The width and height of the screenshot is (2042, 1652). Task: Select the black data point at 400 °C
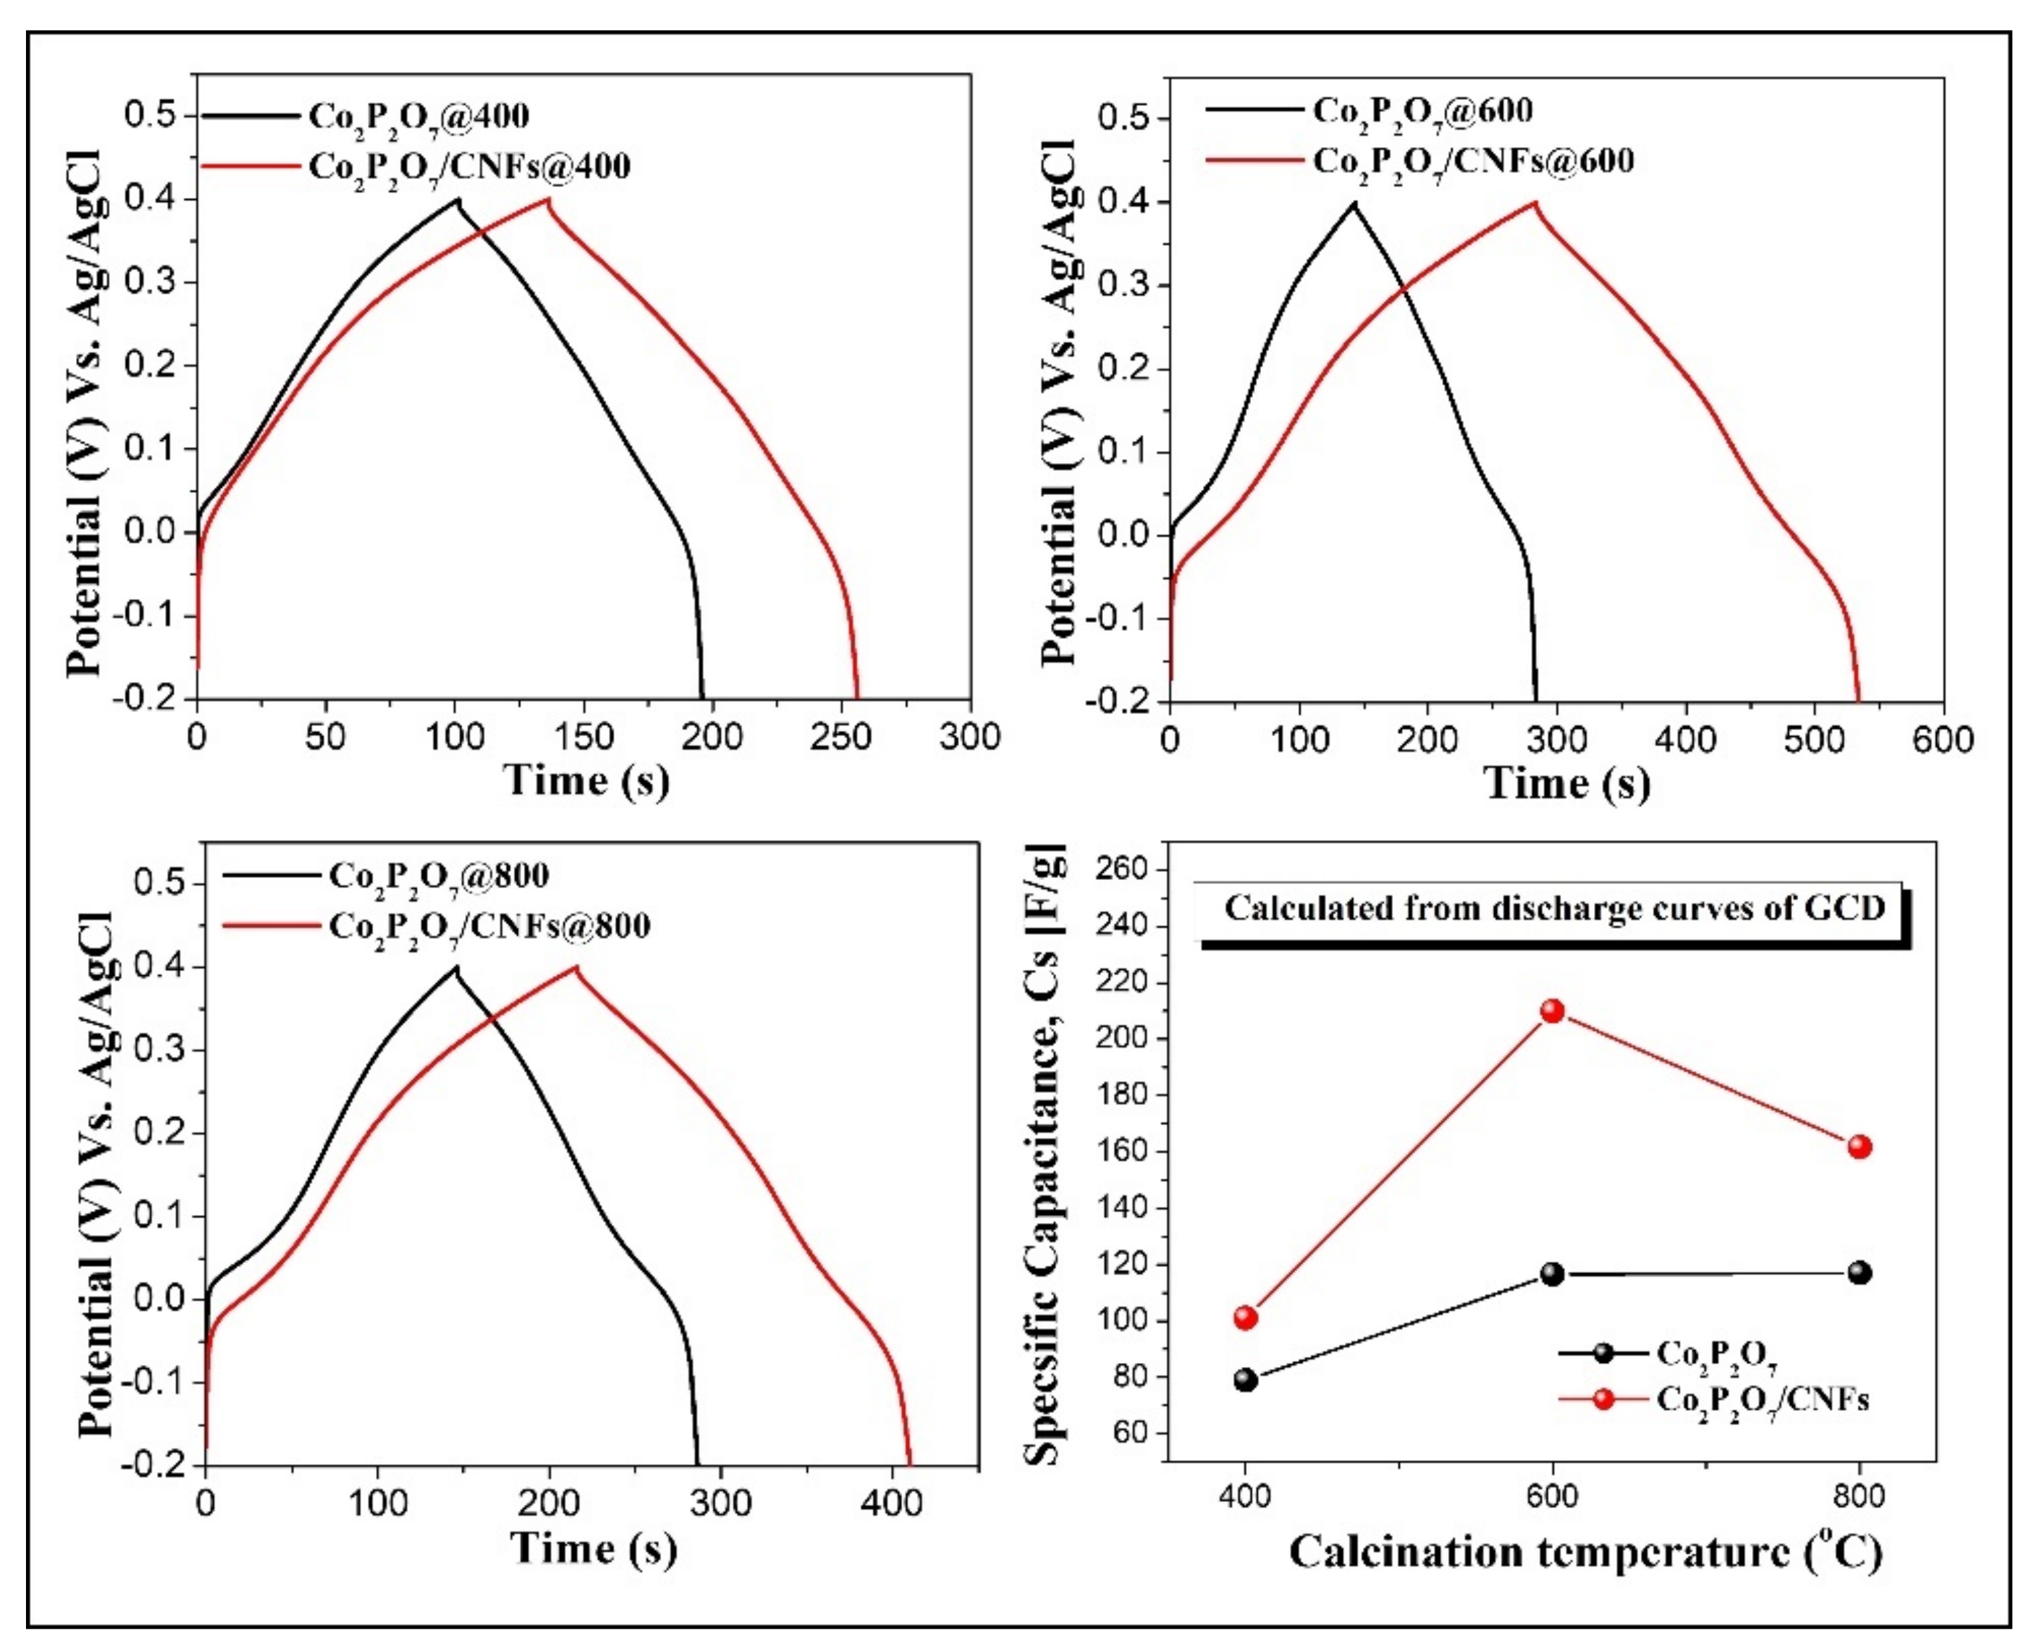(1245, 1380)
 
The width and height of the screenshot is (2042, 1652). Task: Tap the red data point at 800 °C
(1859, 1146)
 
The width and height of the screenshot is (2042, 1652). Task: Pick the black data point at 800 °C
(1859, 1272)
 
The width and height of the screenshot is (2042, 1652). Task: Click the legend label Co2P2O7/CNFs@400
(469, 167)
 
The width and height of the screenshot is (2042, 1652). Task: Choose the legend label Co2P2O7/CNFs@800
(489, 926)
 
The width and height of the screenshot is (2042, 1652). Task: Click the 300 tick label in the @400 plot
(969, 737)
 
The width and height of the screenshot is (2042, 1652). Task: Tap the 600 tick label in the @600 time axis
(1942, 739)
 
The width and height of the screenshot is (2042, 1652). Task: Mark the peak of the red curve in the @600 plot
(1533, 202)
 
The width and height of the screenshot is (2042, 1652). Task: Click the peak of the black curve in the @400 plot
(458, 199)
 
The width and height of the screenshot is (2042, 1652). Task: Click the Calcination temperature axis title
(1585, 1552)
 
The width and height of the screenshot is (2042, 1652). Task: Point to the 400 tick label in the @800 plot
(891, 1503)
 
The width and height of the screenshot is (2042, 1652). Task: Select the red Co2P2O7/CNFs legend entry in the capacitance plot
(1761, 1400)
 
